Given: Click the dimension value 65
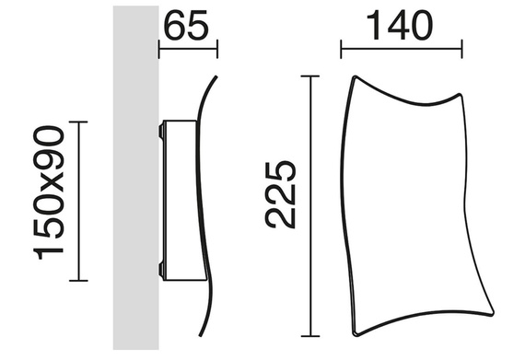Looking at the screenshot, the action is [x=186, y=26].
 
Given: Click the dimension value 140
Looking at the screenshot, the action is [x=400, y=25].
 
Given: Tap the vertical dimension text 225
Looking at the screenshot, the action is [x=281, y=194].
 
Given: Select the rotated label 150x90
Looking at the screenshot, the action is [x=49, y=192].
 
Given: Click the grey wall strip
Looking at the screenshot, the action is [x=136, y=178].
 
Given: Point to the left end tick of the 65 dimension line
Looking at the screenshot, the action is [x=158, y=49].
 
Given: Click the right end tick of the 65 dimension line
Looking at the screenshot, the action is [x=217, y=49].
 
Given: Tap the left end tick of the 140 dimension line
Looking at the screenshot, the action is [x=341, y=49].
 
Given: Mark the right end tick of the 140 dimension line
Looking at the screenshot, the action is [x=462, y=49].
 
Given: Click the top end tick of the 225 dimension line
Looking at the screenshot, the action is [x=310, y=76].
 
